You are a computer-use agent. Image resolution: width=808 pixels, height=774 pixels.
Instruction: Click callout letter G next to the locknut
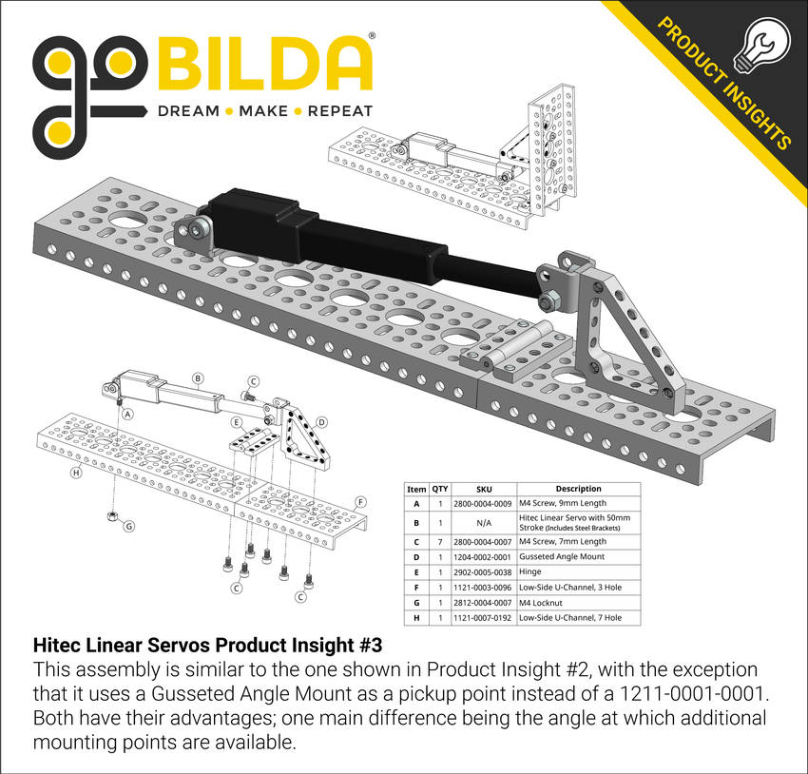click(x=130, y=525)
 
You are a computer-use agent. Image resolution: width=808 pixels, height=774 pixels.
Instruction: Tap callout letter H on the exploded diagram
click(x=76, y=472)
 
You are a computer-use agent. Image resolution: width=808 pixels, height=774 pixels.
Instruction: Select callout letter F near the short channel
click(x=361, y=501)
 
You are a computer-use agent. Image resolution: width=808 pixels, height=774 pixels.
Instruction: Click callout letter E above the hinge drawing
click(x=235, y=421)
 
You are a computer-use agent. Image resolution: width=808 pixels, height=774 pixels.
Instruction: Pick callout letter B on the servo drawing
click(x=198, y=377)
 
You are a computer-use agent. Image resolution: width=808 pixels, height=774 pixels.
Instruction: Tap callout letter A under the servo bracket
click(x=127, y=414)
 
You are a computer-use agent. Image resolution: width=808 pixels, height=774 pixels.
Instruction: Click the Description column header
click(x=578, y=489)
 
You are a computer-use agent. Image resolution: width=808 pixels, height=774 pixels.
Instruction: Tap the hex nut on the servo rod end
click(x=549, y=302)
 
